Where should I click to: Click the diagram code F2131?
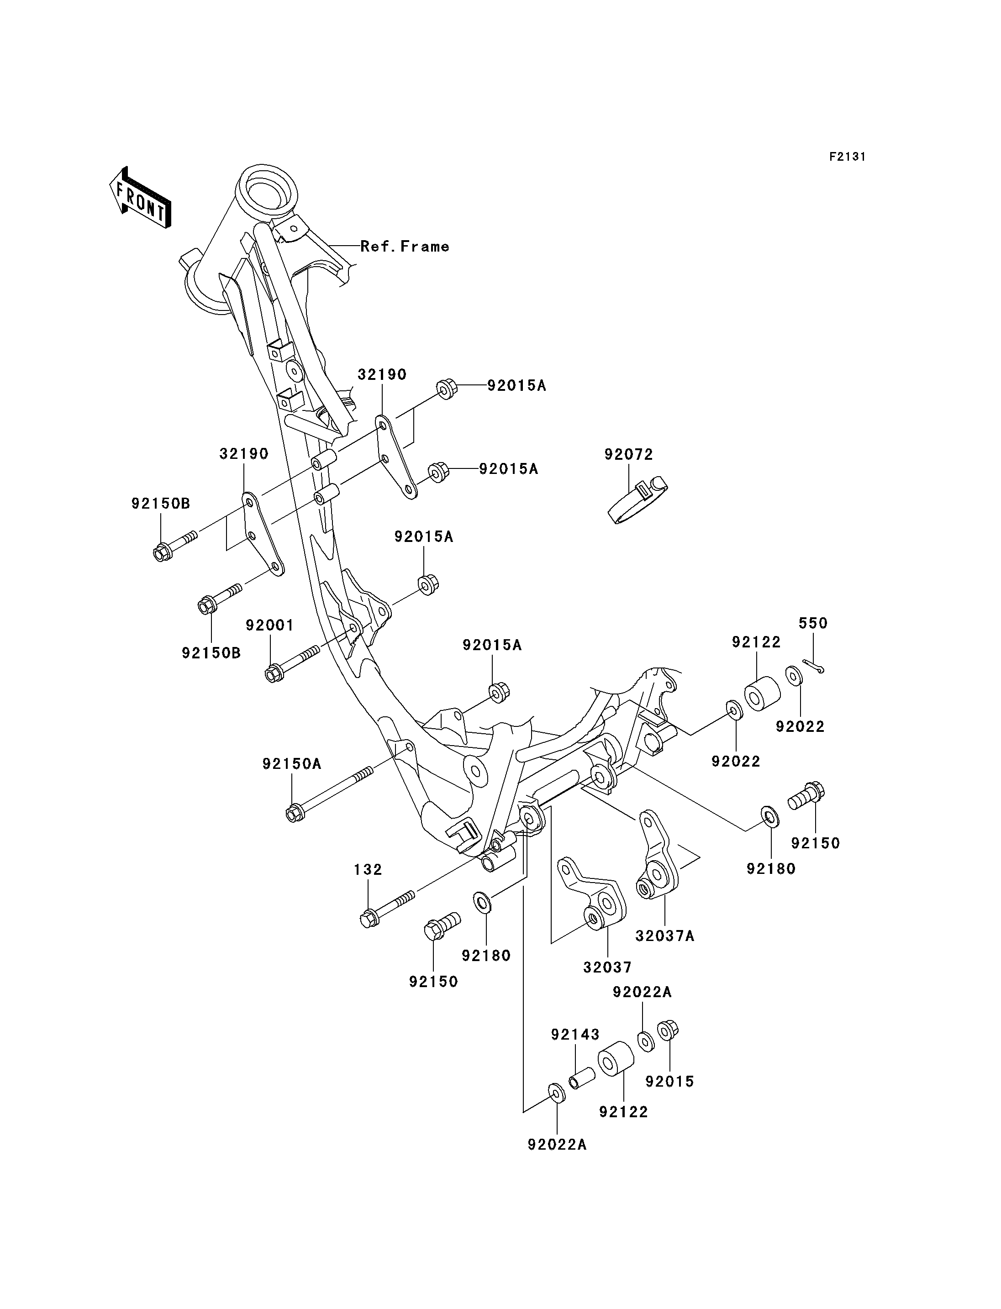click(x=847, y=157)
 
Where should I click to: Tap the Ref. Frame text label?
click(x=405, y=246)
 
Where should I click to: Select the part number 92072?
click(x=629, y=454)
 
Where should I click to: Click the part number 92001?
click(x=270, y=625)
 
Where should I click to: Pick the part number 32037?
click(x=607, y=967)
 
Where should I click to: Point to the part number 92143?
click(x=575, y=1034)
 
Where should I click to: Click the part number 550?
click(x=813, y=623)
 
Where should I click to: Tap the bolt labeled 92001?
click(x=293, y=663)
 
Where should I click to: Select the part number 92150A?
click(x=291, y=763)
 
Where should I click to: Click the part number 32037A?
click(x=665, y=936)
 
